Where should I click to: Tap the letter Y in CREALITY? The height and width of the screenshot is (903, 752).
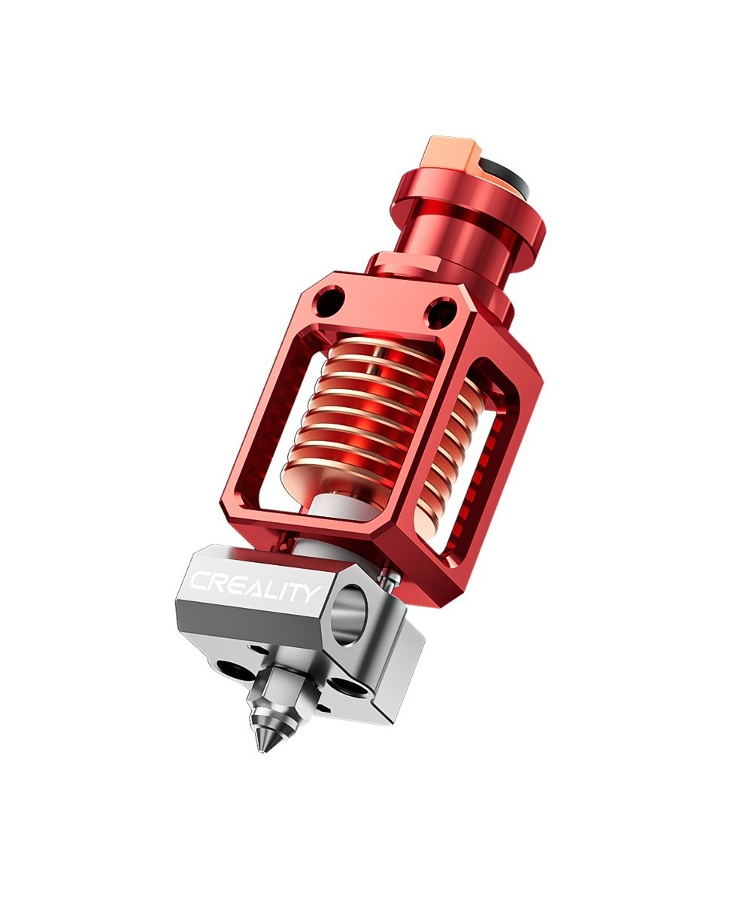coord(309,594)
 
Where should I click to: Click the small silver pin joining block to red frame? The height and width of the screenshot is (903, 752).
coord(387,579)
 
